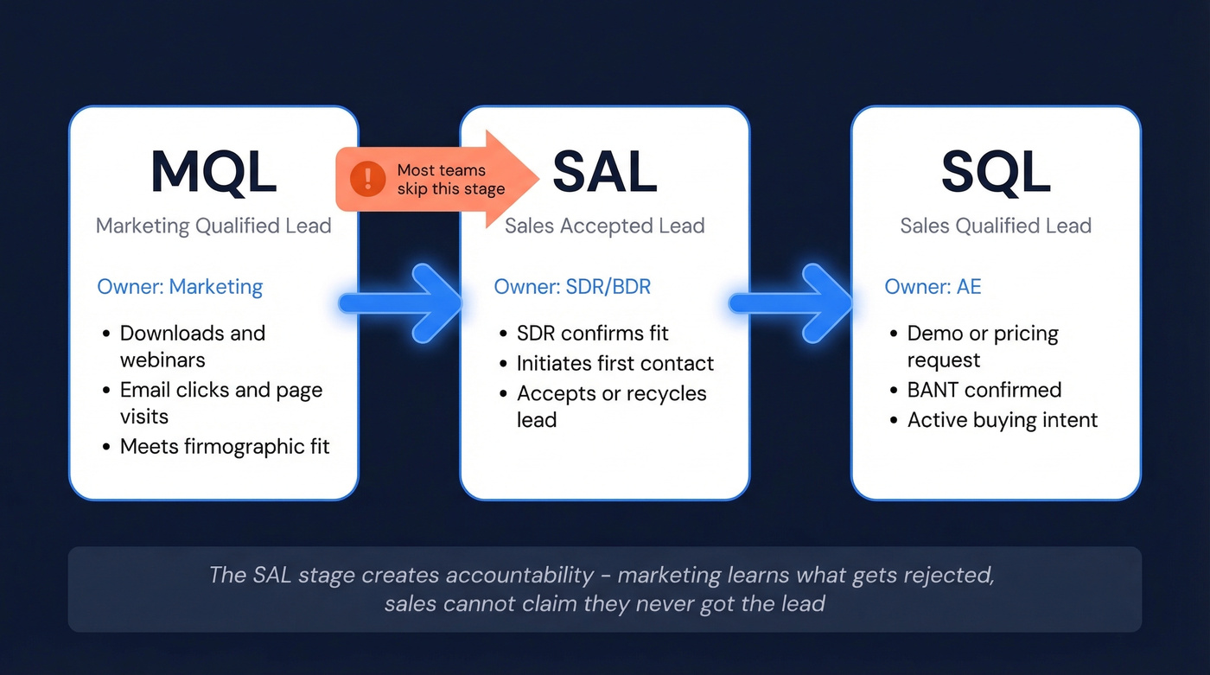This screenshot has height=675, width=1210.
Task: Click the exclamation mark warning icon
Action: [368, 180]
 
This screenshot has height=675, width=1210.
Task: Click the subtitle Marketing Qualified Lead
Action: [213, 226]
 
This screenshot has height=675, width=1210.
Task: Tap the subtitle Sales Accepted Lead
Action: [604, 226]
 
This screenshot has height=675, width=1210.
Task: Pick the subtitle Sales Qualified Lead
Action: [996, 226]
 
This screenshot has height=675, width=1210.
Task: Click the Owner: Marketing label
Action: [180, 287]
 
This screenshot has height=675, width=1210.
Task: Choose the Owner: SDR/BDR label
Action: [572, 287]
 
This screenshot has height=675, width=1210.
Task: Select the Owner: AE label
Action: [933, 287]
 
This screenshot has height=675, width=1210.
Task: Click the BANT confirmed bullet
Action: [984, 390]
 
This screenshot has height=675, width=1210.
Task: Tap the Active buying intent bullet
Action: [1002, 420]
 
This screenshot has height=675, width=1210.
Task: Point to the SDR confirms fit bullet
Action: [592, 334]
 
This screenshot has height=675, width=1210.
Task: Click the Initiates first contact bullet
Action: [615, 364]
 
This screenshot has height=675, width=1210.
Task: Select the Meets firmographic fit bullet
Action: [225, 447]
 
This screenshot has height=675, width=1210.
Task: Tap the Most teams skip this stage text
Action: [449, 180]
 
